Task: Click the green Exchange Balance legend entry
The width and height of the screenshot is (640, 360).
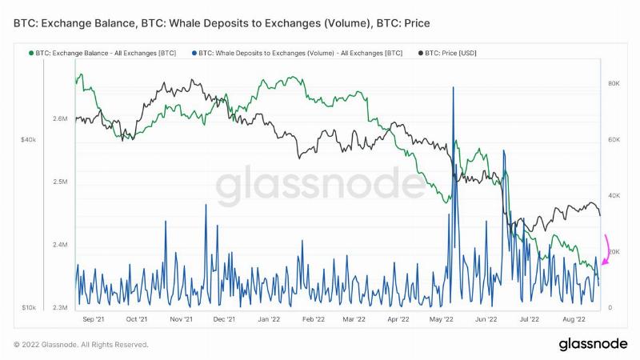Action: click(x=102, y=53)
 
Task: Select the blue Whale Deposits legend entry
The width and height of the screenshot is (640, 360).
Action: click(x=297, y=53)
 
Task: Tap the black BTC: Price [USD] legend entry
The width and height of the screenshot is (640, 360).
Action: click(x=447, y=53)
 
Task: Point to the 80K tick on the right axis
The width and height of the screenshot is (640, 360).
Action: click(x=614, y=83)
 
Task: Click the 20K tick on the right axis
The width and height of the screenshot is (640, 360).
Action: click(x=614, y=252)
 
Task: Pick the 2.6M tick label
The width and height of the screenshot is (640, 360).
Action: click(x=59, y=118)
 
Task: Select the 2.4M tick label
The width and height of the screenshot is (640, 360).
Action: click(x=59, y=245)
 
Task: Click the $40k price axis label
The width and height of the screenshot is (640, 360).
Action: click(x=28, y=139)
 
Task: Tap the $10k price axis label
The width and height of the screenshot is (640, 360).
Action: click(x=29, y=307)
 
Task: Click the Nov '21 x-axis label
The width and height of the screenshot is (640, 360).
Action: click(x=181, y=319)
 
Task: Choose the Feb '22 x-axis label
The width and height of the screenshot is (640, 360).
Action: click(x=313, y=319)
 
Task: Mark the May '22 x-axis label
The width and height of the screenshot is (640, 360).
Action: click(x=442, y=319)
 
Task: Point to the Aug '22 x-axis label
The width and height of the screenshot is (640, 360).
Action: click(x=574, y=319)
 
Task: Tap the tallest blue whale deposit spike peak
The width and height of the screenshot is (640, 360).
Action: click(x=453, y=87)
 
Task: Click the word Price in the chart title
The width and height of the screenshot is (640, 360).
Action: click(x=417, y=23)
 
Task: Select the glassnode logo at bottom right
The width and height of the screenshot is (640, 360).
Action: click(x=593, y=344)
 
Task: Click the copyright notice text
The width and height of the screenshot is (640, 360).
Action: click(x=81, y=345)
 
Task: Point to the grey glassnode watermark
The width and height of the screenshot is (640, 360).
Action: click(x=321, y=184)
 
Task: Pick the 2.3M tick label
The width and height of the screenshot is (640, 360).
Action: click(x=59, y=307)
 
